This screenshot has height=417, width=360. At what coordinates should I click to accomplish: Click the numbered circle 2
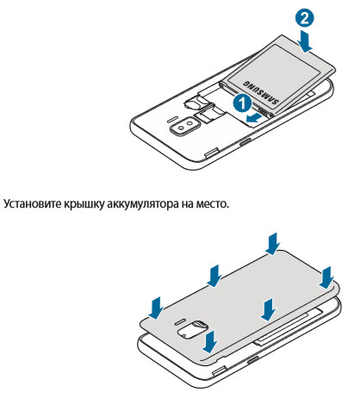point(304,18)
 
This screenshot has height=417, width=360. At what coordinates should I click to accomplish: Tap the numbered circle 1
point(242,104)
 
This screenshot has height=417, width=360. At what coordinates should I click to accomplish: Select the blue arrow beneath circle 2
point(307,40)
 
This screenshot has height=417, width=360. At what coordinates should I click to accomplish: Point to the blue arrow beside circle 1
point(254,118)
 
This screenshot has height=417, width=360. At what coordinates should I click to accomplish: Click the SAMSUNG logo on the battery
point(261,92)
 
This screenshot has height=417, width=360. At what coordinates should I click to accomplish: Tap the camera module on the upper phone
point(184,126)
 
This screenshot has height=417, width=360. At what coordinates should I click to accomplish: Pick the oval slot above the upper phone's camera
point(173,118)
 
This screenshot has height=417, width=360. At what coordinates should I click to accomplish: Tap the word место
point(213,204)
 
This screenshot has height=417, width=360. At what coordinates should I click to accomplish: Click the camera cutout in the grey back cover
point(193,328)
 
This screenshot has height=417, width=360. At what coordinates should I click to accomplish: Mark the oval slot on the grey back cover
point(180,320)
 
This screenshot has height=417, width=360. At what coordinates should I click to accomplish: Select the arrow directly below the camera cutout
point(209,341)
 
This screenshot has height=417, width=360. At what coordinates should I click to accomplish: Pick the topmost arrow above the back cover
point(273,244)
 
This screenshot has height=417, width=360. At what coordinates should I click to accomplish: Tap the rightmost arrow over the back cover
point(326,277)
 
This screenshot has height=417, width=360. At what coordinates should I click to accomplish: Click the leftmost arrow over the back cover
point(157,308)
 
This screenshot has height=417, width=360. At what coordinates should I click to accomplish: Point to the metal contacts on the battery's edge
point(264,111)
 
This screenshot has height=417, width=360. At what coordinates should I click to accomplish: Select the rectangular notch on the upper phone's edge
point(212,152)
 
